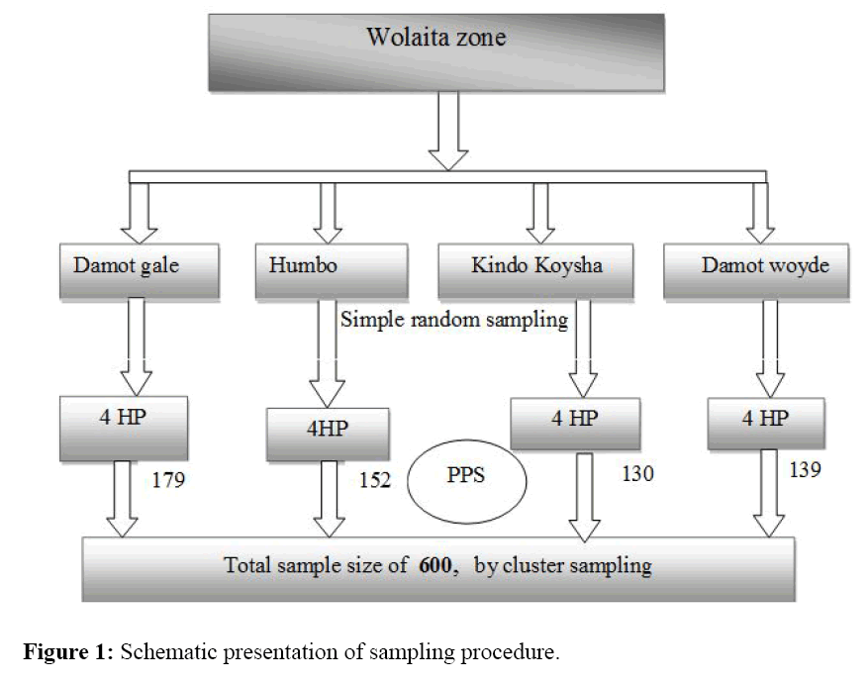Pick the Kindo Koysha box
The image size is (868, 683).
(536, 269)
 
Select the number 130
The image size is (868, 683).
(637, 474)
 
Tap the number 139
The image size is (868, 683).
(805, 470)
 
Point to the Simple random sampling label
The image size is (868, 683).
(454, 320)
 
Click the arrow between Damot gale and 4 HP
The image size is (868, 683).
(136, 346)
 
